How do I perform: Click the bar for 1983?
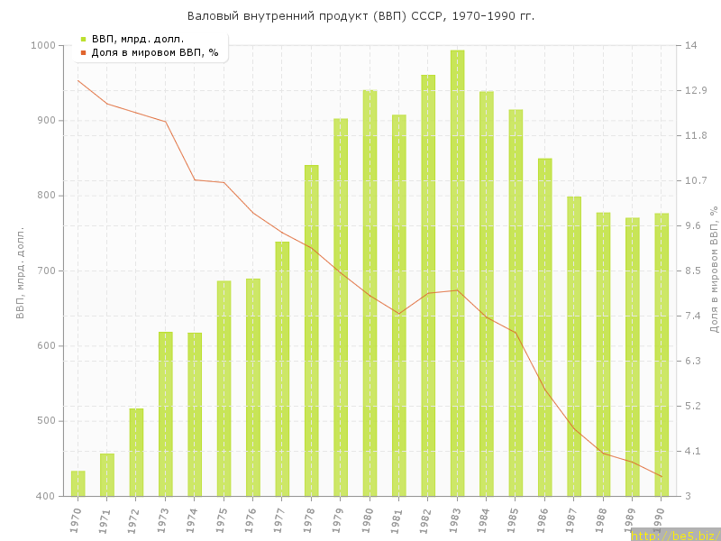[457, 270]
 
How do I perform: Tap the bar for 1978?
[312, 330]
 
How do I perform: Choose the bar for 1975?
[224, 388]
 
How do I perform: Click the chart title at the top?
[360, 16]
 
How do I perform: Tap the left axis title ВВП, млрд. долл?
[20, 270]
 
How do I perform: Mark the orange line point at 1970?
[78, 80]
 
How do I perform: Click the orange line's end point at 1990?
[662, 476]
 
